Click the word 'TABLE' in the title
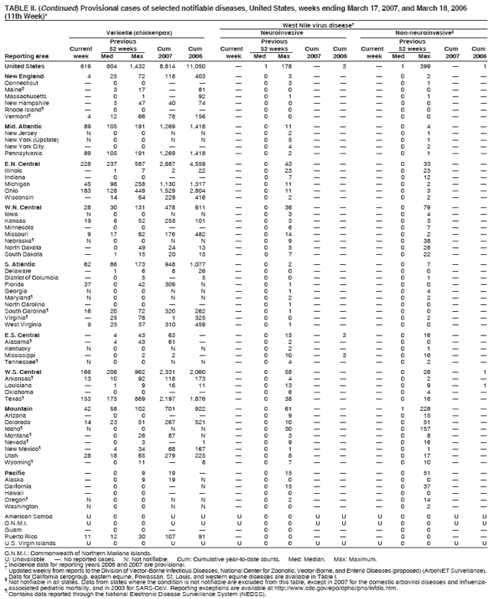pyautogui.click(x=17, y=5)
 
